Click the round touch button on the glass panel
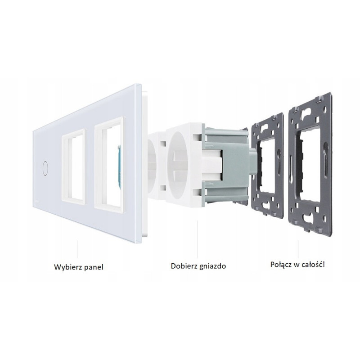point(45,168)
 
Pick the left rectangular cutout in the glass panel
point(73,167)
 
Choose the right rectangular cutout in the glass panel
point(109,165)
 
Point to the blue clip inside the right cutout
point(119,166)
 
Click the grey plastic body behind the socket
point(226,165)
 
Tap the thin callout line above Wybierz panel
point(77,249)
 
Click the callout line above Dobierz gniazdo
point(197,239)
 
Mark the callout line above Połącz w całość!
point(298,249)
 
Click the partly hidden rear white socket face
point(155,166)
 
